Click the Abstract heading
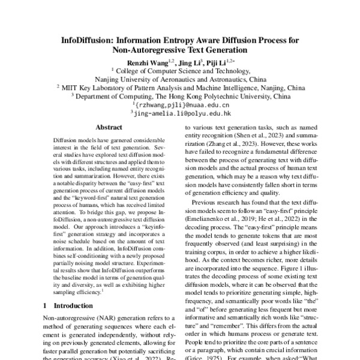[110, 127]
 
